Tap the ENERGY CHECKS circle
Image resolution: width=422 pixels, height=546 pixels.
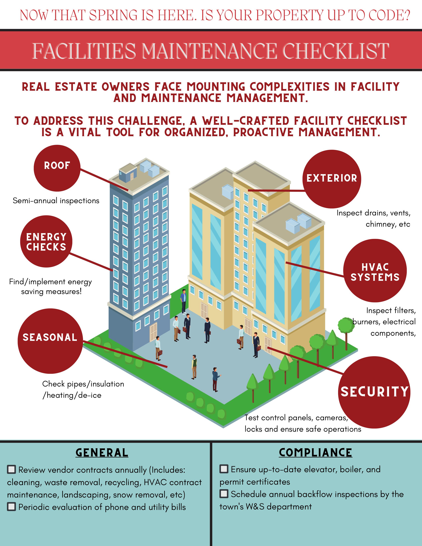point(46,242)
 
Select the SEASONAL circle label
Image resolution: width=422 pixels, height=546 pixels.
point(50,338)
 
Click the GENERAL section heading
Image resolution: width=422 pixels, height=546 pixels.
point(102,453)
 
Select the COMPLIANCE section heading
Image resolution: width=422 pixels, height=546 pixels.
point(315,453)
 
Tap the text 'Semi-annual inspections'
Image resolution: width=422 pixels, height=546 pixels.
point(56,201)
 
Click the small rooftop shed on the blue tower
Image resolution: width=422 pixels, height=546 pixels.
point(128,173)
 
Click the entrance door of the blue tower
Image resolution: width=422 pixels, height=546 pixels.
point(153,332)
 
